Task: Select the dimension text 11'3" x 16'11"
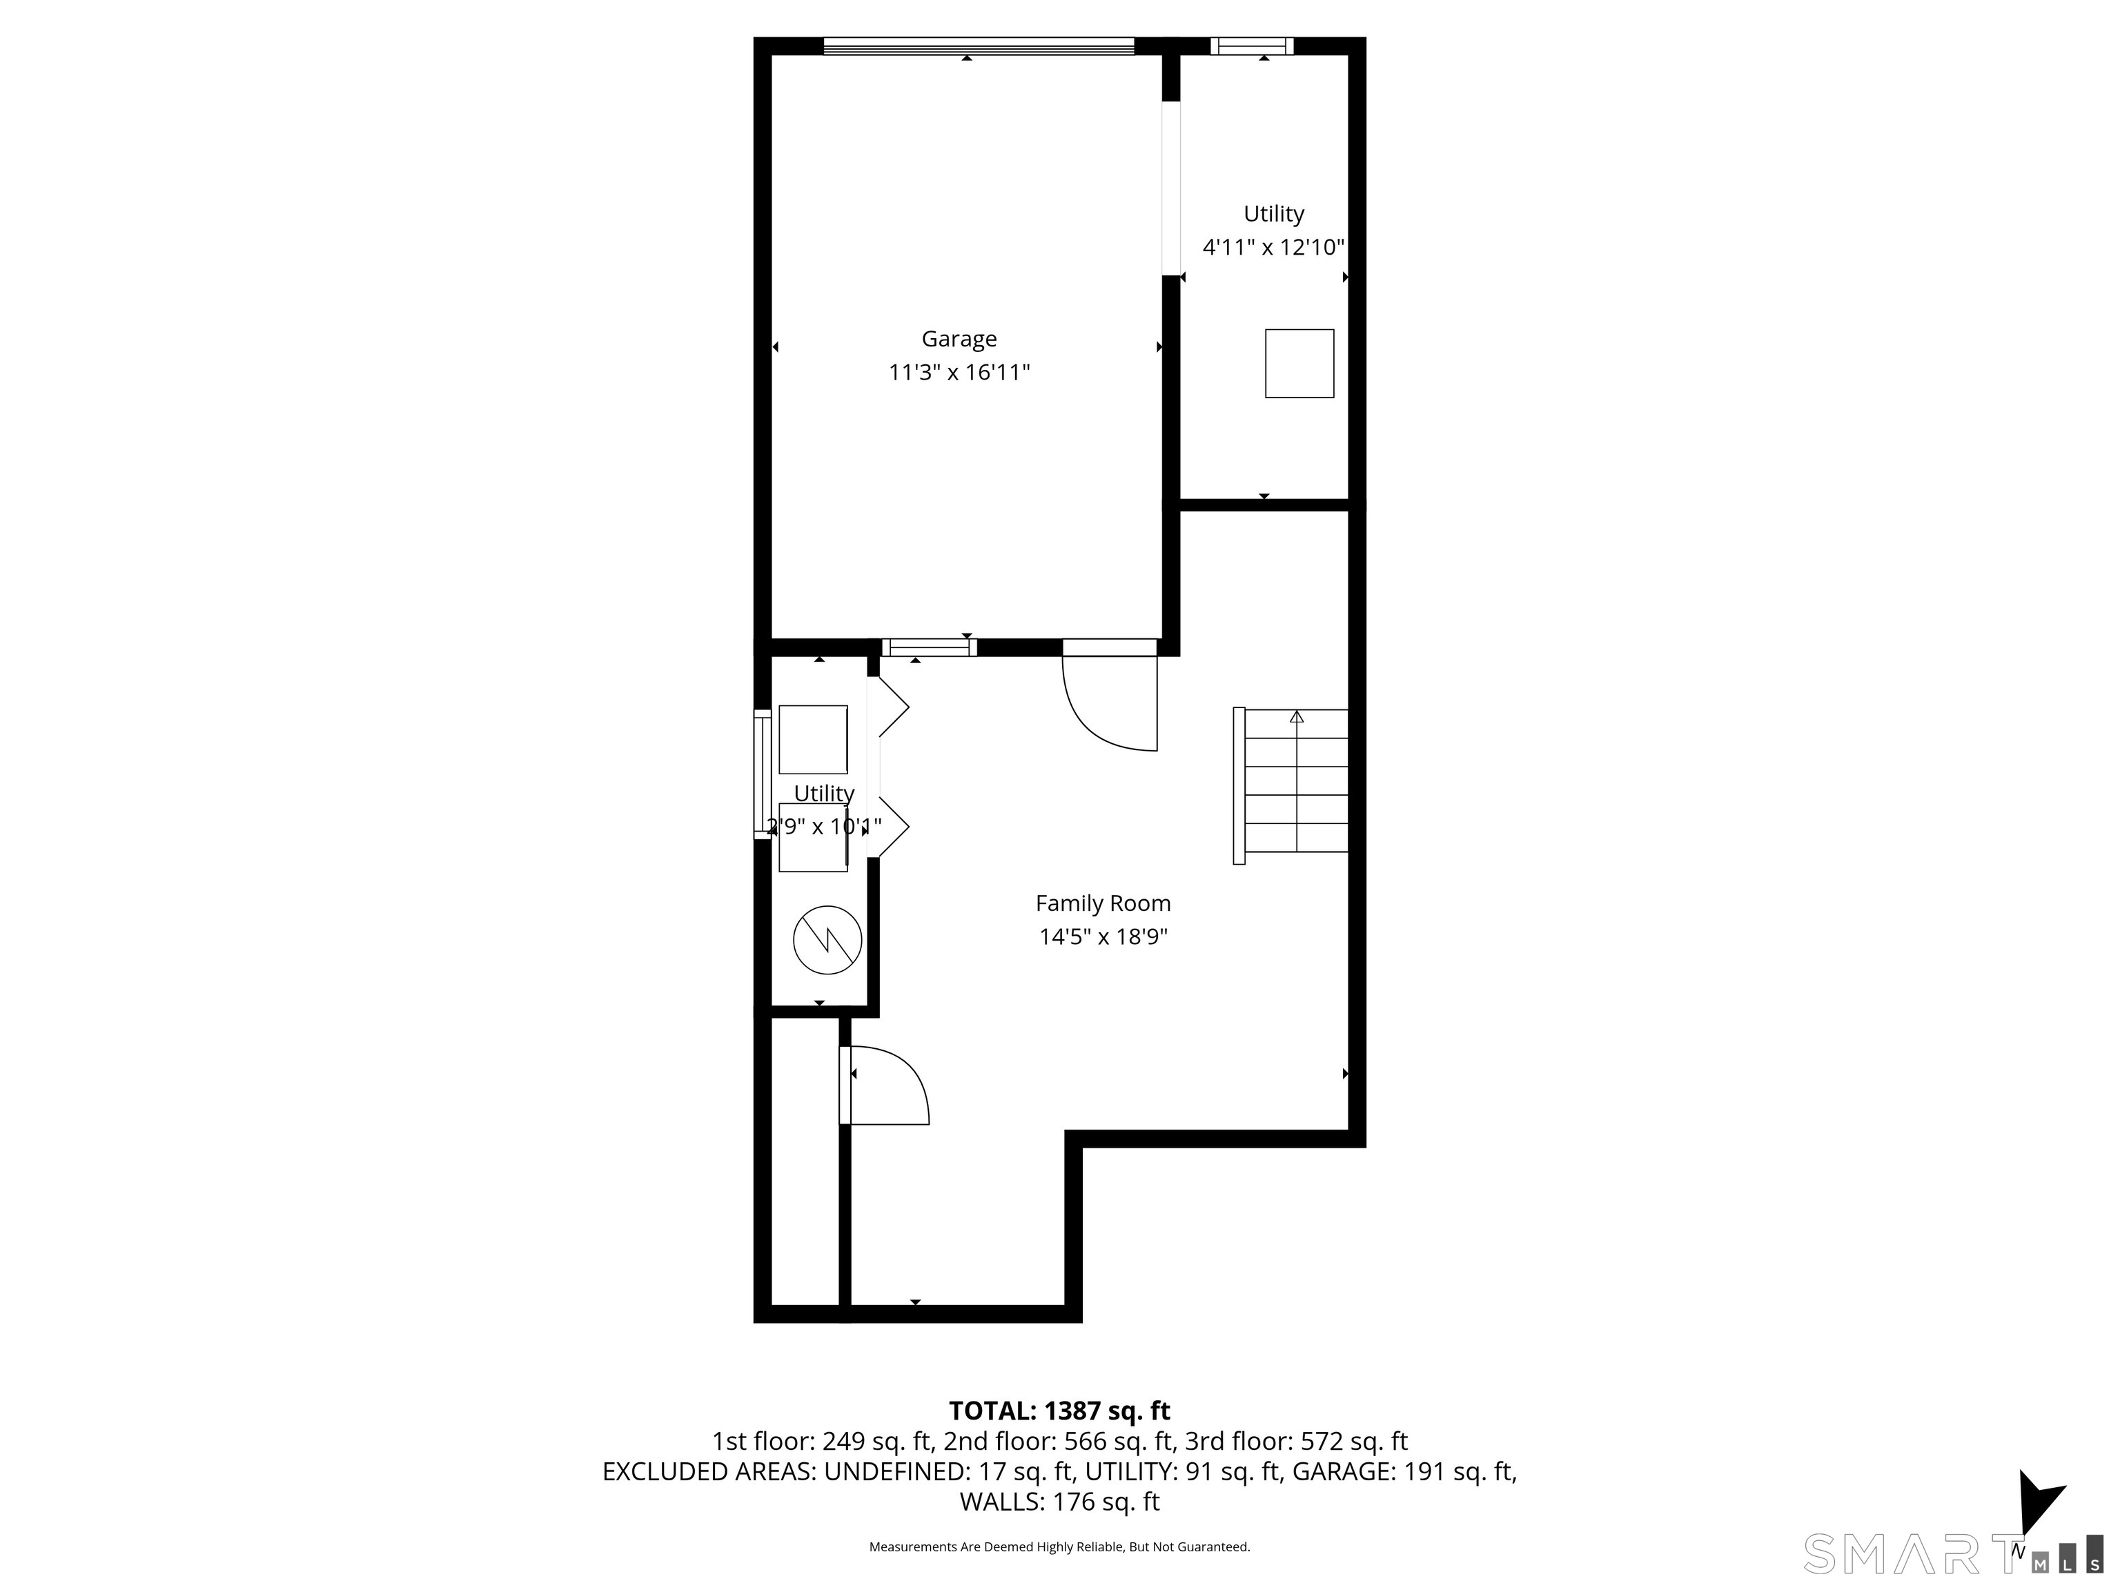pyautogui.click(x=959, y=372)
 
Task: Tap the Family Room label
pyautogui.click(x=1102, y=903)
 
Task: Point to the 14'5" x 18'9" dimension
pyautogui.click(x=1102, y=936)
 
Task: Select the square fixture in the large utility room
pyautogui.click(x=1299, y=363)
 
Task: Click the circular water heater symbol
pyautogui.click(x=827, y=940)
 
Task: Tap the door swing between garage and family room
pyautogui.click(x=1112, y=705)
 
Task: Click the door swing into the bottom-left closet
pyautogui.click(x=887, y=1085)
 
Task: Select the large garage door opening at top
pyautogui.click(x=978, y=45)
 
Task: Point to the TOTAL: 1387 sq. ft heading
pyautogui.click(x=1059, y=1411)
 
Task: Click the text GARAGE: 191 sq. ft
pyautogui.click(x=1403, y=1471)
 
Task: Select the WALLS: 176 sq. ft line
pyautogui.click(x=1059, y=1502)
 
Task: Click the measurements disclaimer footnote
pyautogui.click(x=1059, y=1547)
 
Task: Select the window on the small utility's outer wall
pyautogui.click(x=762, y=774)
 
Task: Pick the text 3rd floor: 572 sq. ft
pyautogui.click(x=1296, y=1442)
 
